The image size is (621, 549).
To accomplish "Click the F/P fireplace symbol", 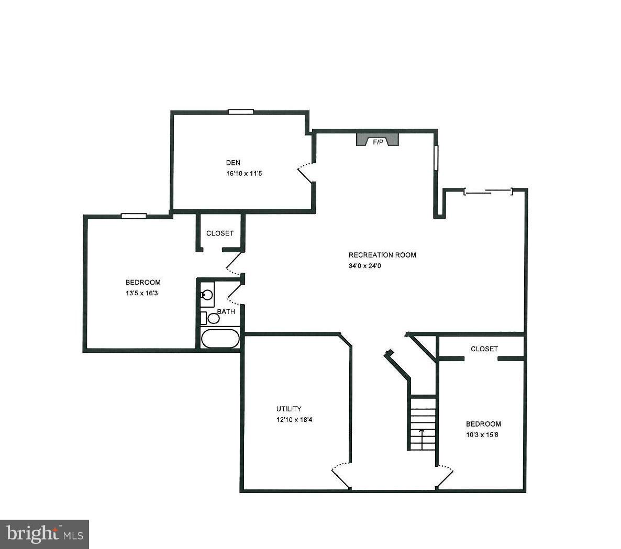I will click(378, 140).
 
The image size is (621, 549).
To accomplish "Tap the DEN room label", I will click(233, 163).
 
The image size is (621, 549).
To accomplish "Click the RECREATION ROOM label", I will click(382, 255).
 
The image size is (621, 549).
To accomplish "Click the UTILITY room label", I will click(289, 409).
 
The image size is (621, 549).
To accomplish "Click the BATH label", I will click(226, 311).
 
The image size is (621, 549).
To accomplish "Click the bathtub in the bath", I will click(220, 339).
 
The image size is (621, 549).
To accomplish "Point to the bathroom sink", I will click(207, 295).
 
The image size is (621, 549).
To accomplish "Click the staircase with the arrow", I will click(423, 423).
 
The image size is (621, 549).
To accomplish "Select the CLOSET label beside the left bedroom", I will click(220, 233).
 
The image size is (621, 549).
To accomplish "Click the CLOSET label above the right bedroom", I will click(484, 349).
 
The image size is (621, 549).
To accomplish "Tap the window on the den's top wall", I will click(241, 111).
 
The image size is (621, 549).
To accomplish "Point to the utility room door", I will click(341, 473).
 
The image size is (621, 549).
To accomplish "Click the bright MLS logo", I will click(45, 534).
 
